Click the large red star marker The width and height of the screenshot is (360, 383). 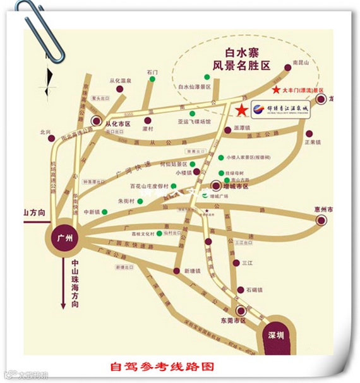241,110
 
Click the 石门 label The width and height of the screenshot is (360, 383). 152,72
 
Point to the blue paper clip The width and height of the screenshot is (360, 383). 41,28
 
